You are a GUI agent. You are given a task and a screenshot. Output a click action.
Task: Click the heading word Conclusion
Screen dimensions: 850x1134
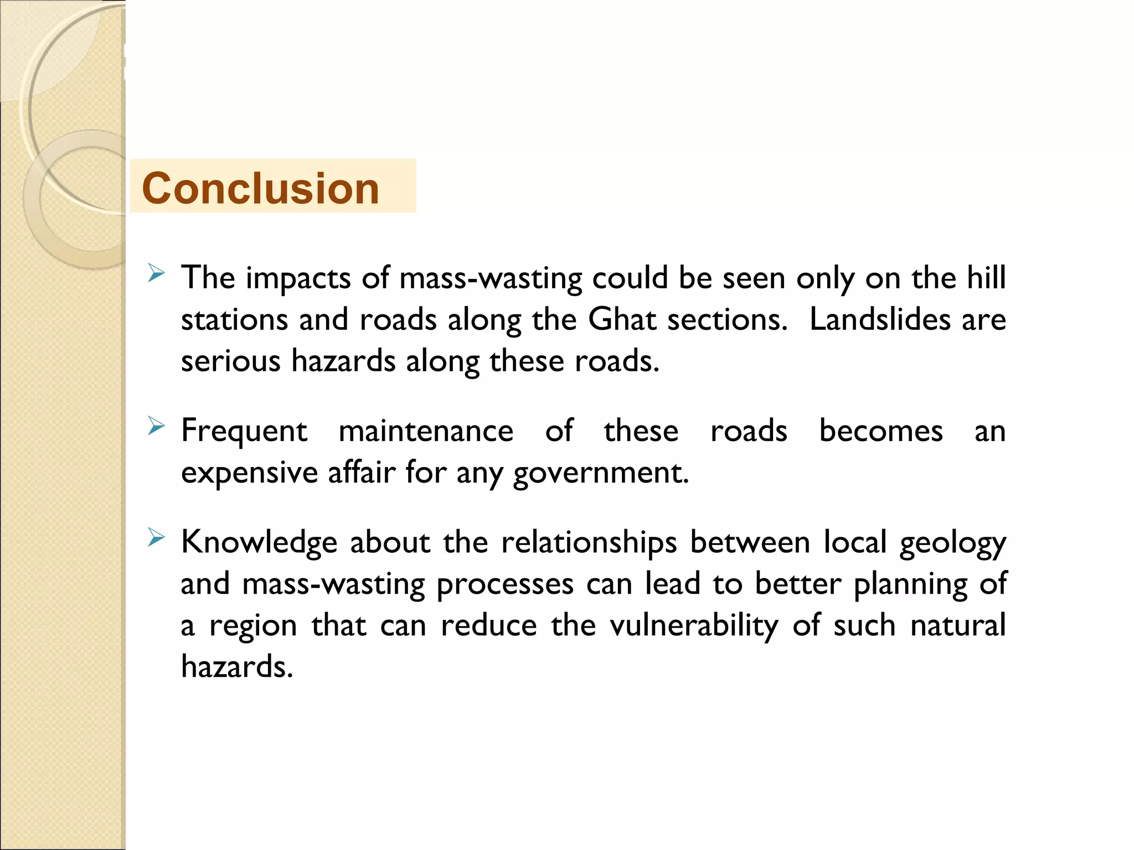tap(260, 188)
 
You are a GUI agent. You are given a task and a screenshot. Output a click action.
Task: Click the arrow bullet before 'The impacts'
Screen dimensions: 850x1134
tap(157, 273)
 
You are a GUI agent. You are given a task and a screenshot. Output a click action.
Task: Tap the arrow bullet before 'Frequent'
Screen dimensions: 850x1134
tap(157, 426)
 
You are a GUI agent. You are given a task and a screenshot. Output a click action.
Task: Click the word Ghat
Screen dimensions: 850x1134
tap(622, 319)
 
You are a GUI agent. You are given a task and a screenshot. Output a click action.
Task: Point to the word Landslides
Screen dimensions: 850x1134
tap(880, 319)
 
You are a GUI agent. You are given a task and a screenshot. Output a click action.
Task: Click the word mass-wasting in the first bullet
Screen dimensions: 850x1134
tap(491, 278)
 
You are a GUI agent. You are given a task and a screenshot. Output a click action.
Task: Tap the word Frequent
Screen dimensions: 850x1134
tap(244, 431)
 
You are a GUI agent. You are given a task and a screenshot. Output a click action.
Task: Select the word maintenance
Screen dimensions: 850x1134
tap(426, 431)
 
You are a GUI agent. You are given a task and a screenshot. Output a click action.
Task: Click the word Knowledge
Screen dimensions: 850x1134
tap(259, 542)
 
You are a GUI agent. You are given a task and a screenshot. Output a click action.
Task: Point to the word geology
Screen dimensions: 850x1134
tap(952, 543)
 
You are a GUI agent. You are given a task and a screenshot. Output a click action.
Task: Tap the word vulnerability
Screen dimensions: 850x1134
tap(694, 626)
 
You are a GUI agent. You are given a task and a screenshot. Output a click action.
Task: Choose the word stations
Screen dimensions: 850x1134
tap(234, 319)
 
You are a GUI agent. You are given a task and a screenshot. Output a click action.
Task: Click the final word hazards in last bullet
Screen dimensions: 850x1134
tap(236, 666)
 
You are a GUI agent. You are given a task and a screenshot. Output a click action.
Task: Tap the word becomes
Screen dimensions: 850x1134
tap(880, 431)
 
